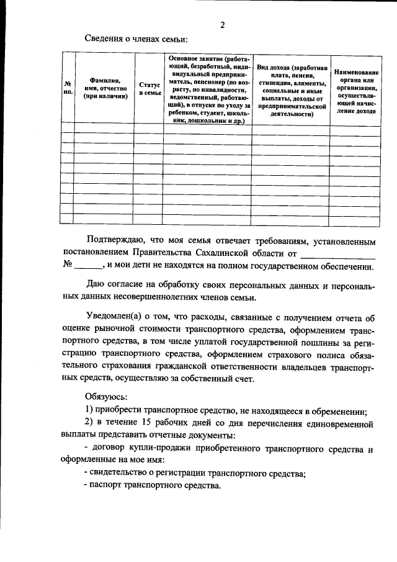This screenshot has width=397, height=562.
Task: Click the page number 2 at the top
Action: [x=221, y=25]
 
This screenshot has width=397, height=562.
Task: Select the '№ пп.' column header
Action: [x=67, y=88]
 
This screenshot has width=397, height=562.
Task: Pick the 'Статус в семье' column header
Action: [x=149, y=88]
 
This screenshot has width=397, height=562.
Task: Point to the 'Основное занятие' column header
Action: [x=207, y=88]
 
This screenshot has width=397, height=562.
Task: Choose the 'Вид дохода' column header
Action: [x=292, y=88]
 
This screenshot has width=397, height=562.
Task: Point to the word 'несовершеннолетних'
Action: [x=147, y=299]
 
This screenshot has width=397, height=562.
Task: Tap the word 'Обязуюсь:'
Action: [x=107, y=396]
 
